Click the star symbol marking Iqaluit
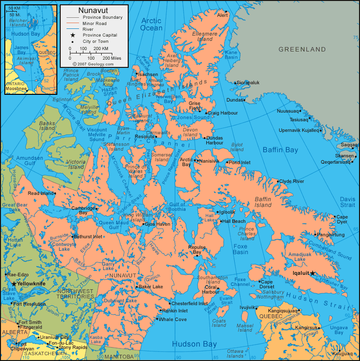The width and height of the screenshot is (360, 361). pos(312,273)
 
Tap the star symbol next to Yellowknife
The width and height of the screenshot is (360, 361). pos(14,284)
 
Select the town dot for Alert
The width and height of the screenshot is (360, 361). pos(226,11)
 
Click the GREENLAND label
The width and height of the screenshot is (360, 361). pos(302,50)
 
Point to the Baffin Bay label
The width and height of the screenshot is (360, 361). pos(280,150)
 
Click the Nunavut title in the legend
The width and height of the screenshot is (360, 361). pos(94,10)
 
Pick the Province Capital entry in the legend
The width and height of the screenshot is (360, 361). pos(100,35)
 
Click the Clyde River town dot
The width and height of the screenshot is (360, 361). pos(278,181)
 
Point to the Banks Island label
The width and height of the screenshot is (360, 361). pos(47,126)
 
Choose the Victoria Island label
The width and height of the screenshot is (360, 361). pos(76,164)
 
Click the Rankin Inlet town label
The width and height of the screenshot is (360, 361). pos(174,311)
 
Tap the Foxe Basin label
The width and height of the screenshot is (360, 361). pos(240,249)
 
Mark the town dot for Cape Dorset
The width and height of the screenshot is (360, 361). pos(260,282)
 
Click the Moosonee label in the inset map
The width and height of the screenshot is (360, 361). pos(15,89)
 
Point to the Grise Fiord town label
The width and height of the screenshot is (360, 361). pos(194,106)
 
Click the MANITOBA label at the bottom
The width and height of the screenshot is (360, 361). pos(119,357)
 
